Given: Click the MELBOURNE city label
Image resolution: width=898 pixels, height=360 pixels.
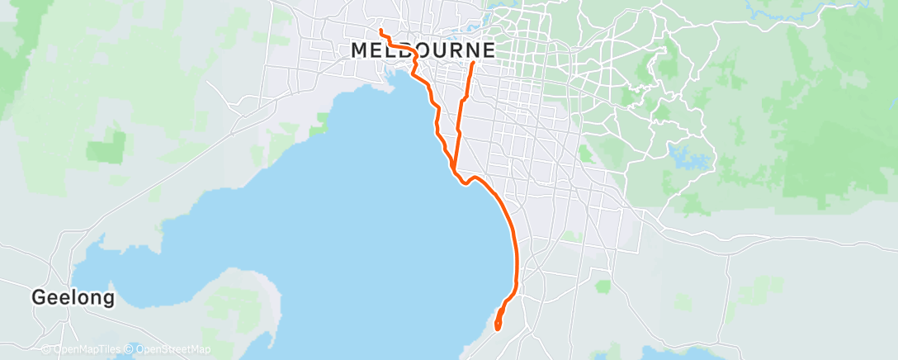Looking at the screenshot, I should point(423,50).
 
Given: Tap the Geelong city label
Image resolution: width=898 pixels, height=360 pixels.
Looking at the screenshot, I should point(73,297).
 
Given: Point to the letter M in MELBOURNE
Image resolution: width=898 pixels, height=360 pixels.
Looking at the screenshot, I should point(360,50).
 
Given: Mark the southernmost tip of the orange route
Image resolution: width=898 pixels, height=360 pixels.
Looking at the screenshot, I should point(498,329).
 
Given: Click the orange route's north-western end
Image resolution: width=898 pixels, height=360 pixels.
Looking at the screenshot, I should point(380,31).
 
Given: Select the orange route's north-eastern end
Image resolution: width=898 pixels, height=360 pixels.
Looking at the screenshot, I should point(473,63).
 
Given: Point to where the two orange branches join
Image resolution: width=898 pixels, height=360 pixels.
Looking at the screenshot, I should point(454,169).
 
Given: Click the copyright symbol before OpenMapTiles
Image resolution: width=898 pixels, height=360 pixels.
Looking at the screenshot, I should point(46,350).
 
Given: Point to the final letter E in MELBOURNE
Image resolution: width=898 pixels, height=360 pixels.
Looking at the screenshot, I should point(489,50).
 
